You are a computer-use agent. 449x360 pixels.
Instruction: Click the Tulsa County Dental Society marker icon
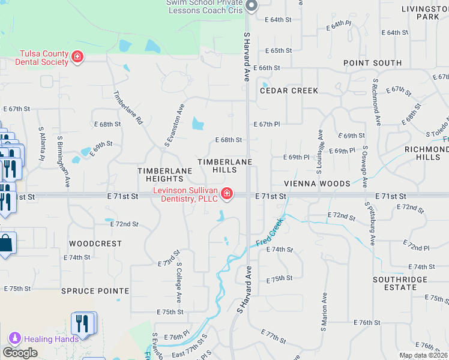[x=77, y=57]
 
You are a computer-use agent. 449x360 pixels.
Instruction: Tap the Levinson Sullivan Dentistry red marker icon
[x=227, y=193]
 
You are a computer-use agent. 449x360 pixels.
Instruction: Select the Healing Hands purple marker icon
[x=14, y=338]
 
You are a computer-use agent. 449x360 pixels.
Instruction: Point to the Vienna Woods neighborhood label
[x=318, y=184]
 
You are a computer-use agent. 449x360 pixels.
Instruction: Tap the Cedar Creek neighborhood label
[x=289, y=91]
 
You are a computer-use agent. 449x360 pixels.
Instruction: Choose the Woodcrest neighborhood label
[x=95, y=244]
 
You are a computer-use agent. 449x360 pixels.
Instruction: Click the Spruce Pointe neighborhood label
[x=95, y=291]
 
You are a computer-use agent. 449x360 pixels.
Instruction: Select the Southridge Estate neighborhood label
[x=400, y=283]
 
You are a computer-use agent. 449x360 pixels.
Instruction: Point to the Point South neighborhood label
[x=372, y=63]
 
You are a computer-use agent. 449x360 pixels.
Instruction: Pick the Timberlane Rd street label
[x=128, y=108]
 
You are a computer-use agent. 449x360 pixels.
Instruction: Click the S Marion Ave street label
[x=324, y=308]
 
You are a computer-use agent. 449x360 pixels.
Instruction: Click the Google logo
[x=20, y=353]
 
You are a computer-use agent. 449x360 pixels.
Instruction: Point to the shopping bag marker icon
[x=6, y=244]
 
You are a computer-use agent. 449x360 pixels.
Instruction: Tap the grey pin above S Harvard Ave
[x=252, y=6]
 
